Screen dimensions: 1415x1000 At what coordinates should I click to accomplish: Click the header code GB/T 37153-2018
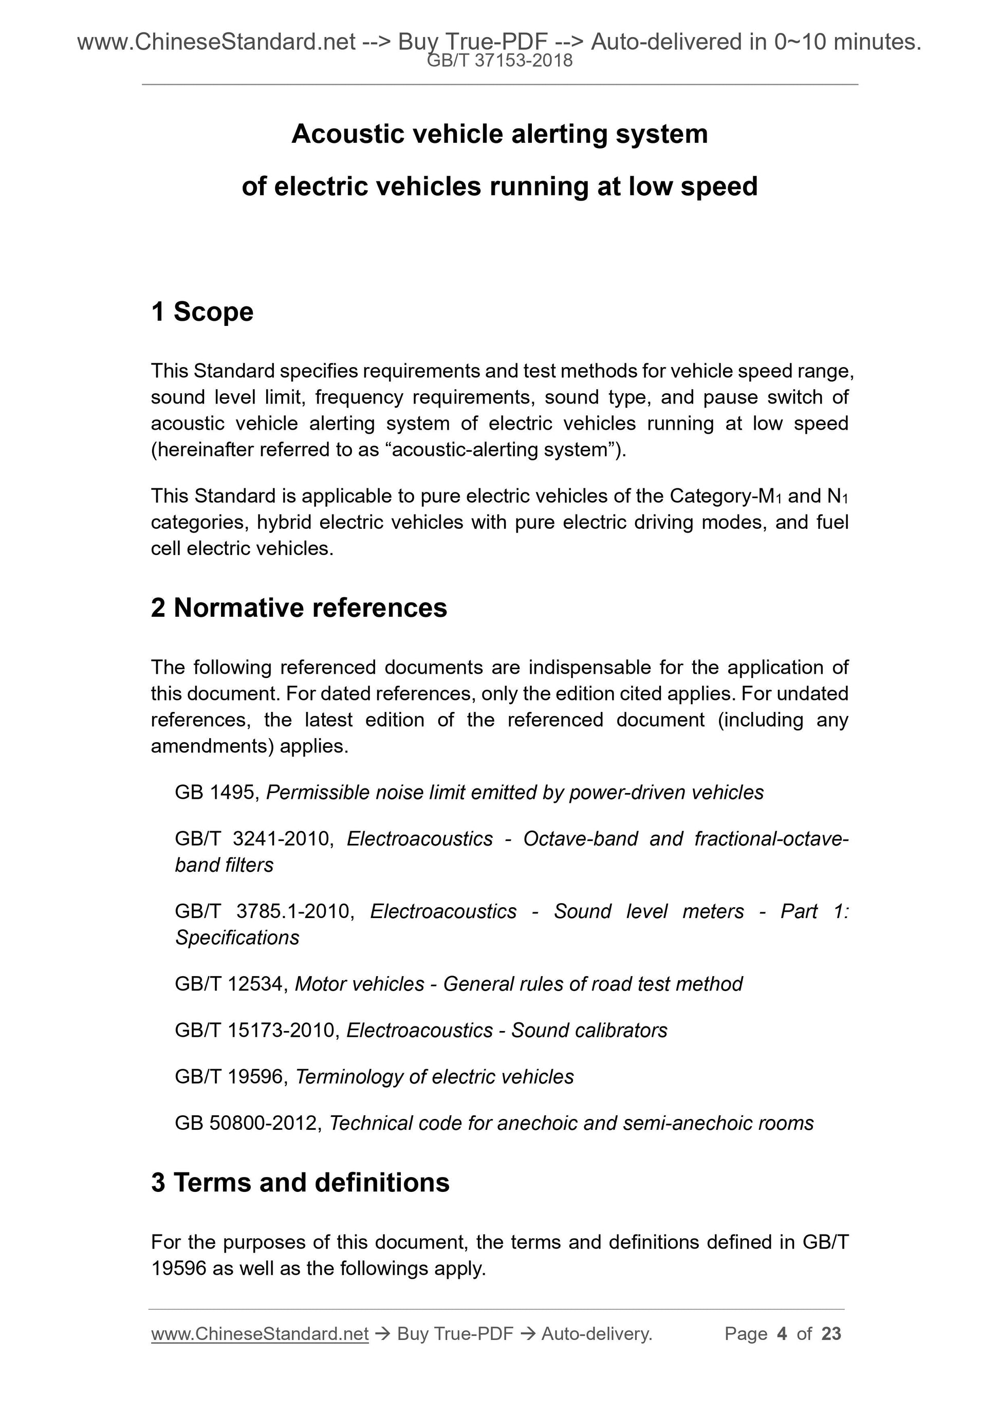(499, 61)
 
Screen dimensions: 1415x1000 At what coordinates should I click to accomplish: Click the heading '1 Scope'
(202, 312)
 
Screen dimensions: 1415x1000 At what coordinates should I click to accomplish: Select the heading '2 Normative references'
(299, 608)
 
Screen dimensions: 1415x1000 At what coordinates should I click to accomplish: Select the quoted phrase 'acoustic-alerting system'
(499, 450)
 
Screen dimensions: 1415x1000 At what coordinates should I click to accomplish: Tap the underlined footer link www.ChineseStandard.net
(260, 1334)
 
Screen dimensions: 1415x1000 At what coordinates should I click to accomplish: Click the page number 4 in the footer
(782, 1334)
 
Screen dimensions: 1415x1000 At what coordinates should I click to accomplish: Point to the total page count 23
(831, 1334)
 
